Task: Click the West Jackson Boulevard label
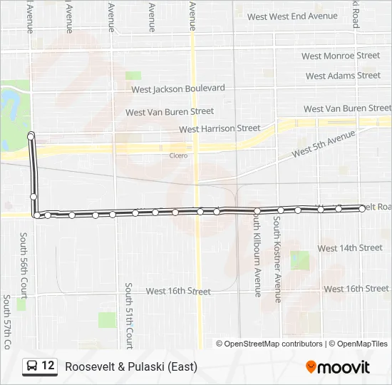point(178,88)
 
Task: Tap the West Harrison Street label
point(220,129)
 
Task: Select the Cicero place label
point(178,155)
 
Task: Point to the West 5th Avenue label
point(323,144)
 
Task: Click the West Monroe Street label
point(340,56)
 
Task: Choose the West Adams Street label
point(343,76)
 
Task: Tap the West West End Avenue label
point(292,16)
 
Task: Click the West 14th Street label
point(350,248)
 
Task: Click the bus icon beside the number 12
point(31,366)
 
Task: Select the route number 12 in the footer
point(48,366)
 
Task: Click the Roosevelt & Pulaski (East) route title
point(131,366)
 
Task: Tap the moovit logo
point(338,367)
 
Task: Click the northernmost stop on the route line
point(31,135)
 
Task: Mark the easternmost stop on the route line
point(362,208)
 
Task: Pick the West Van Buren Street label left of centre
point(170,112)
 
